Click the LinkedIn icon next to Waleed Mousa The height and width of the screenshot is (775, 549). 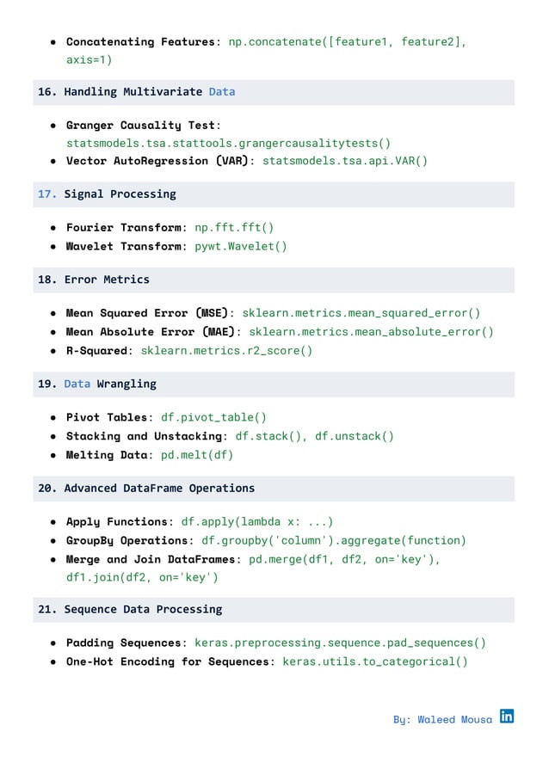[x=507, y=716]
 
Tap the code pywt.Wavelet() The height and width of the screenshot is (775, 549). [x=241, y=246]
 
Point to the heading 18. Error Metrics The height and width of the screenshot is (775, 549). [x=94, y=280]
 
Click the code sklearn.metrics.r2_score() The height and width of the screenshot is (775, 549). [x=226, y=350]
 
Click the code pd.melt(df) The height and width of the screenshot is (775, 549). [x=197, y=454]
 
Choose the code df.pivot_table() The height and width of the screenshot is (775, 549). [x=213, y=417]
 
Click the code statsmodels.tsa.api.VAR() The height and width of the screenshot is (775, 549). [x=344, y=161]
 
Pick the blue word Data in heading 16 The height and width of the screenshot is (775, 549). [x=221, y=91]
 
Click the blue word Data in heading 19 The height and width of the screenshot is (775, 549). [x=77, y=384]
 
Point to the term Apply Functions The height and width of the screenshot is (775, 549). [x=118, y=521]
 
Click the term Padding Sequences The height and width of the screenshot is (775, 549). [x=124, y=643]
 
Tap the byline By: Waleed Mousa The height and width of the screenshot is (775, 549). [x=442, y=719]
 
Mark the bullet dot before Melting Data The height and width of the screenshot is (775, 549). [x=53, y=454]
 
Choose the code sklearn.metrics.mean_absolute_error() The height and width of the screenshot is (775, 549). [x=372, y=332]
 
